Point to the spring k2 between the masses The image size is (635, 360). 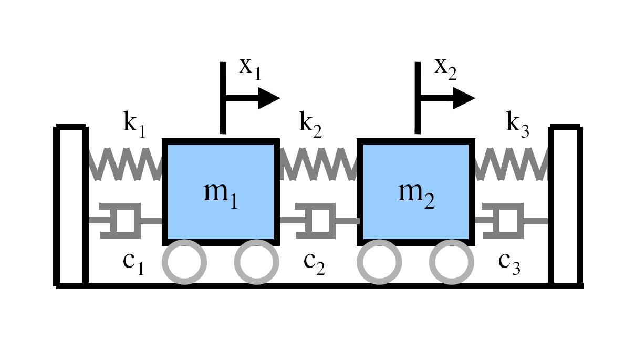tap(316, 163)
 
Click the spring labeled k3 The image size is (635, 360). tap(511, 163)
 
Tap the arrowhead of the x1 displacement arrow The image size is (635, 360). tap(268, 98)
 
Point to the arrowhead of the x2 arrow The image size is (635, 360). tap(463, 98)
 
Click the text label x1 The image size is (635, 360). tap(249, 68)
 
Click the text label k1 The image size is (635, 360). tap(133, 125)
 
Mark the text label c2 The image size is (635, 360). tap(314, 262)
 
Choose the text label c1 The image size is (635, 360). tap(132, 262)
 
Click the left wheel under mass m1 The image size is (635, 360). tap(184, 261)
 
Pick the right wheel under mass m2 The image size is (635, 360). tap(451, 261)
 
